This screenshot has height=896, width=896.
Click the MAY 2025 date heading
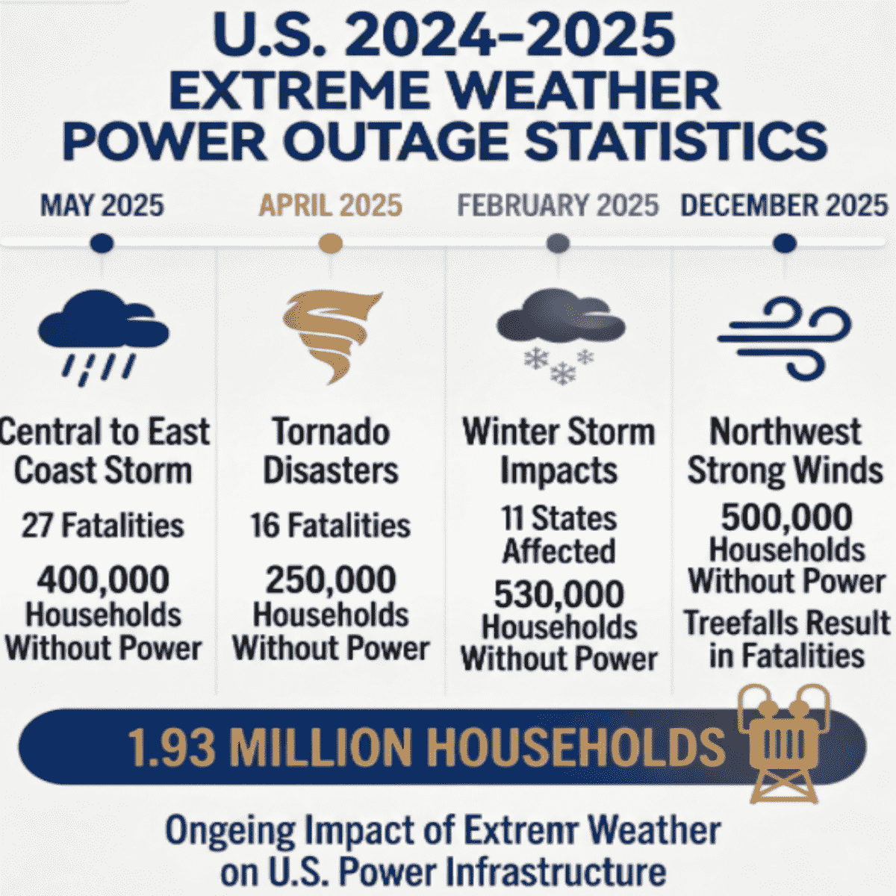pos(102,205)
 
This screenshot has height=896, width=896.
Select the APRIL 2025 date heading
pos(330,205)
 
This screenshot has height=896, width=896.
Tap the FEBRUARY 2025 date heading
pos(558,205)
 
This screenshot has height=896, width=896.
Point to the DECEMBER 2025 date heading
pos(784,205)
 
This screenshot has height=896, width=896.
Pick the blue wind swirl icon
pos(784,336)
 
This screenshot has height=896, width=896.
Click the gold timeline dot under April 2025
pos(330,243)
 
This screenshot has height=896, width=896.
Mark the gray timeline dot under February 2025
pos(558,243)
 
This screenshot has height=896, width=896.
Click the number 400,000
pos(103,580)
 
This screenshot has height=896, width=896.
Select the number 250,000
pos(330,580)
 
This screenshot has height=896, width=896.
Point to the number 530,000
pos(559,595)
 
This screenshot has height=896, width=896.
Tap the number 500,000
pos(786,517)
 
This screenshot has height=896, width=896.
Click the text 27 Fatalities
pos(103,526)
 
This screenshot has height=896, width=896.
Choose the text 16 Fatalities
pos(330,526)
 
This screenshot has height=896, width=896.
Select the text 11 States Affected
pos(559,535)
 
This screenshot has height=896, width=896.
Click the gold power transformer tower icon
pos(782,743)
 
